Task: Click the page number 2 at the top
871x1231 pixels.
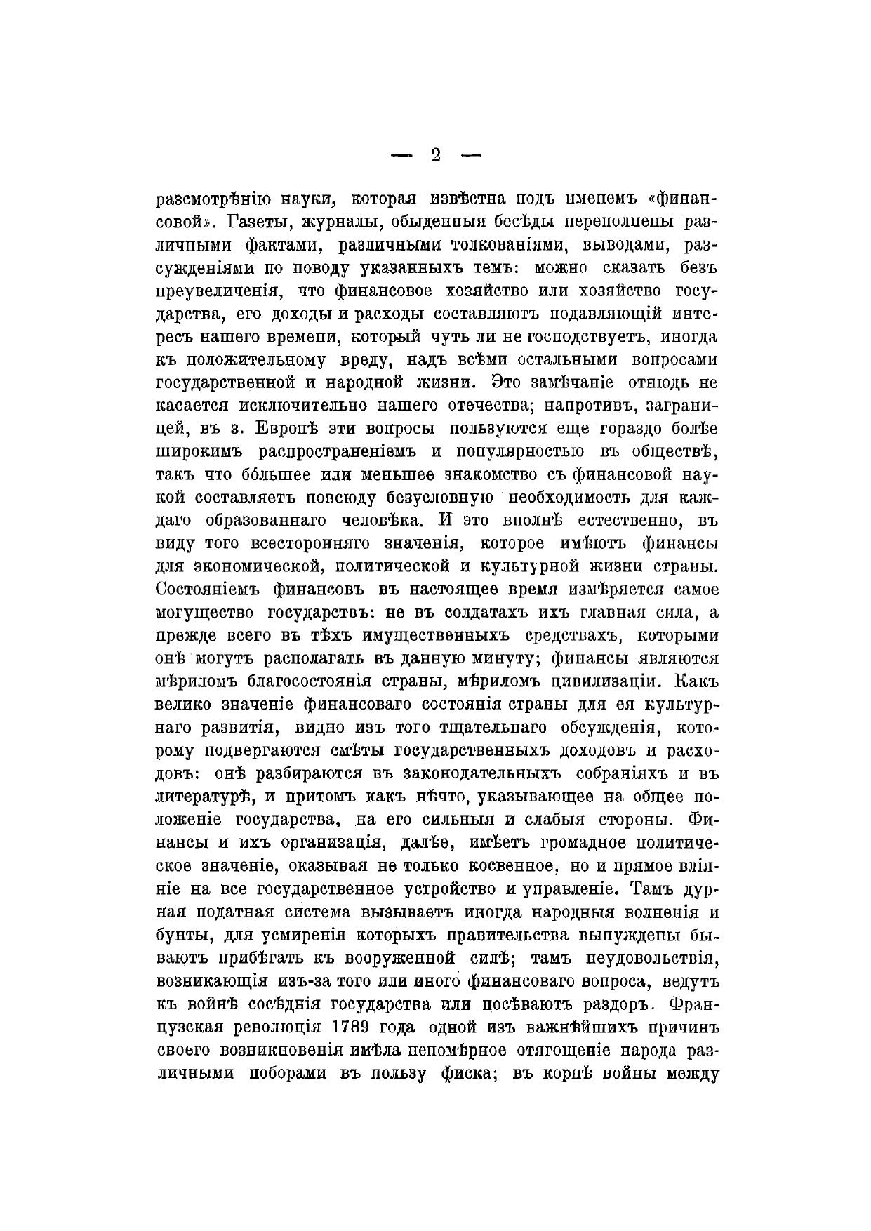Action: pyautogui.click(x=435, y=155)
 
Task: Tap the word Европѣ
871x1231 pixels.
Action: pyautogui.click(x=276, y=428)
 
